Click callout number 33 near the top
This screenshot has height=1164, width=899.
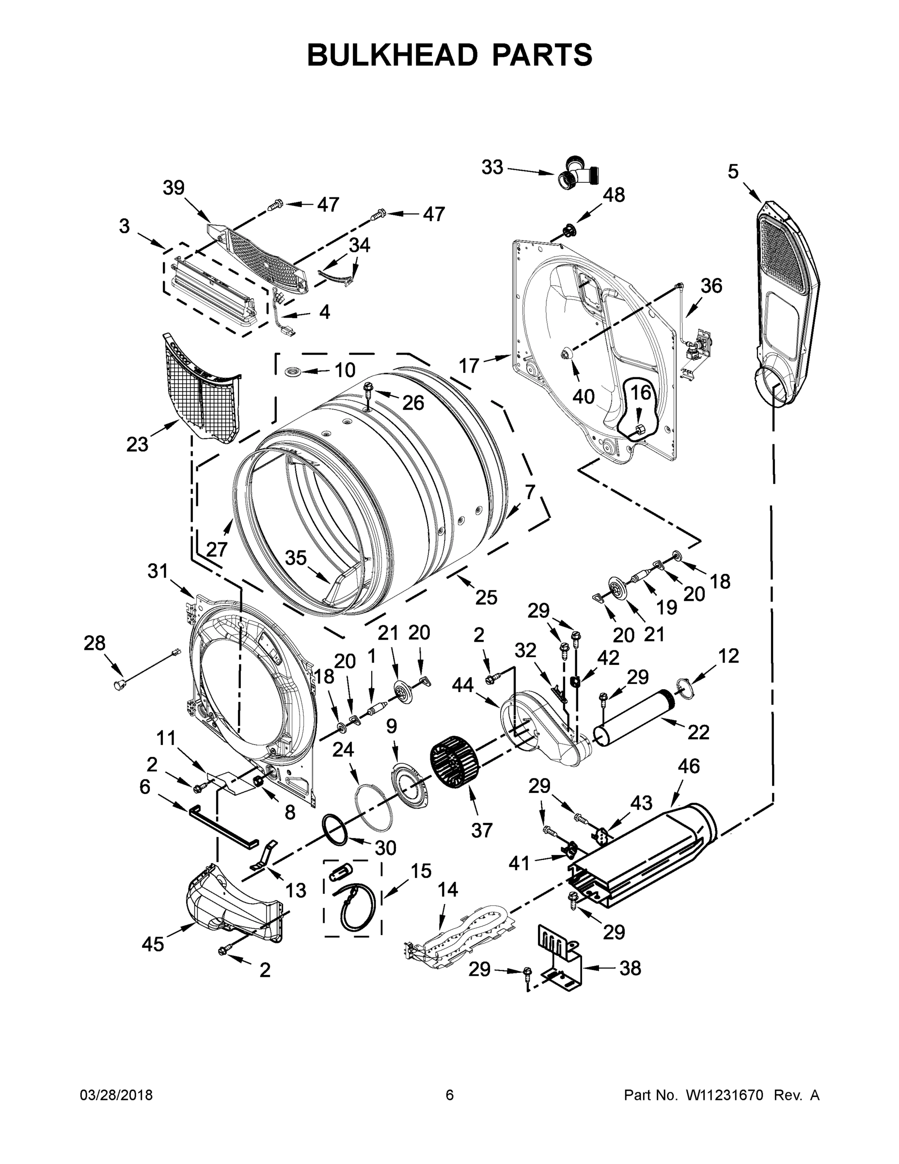tap(491, 167)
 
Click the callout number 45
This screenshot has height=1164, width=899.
tap(152, 944)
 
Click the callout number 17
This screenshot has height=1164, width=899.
tap(469, 366)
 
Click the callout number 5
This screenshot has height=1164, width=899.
tap(733, 172)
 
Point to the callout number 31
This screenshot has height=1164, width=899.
tap(157, 571)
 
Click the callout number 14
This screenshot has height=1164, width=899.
tap(447, 889)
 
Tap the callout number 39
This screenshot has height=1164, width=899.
tap(173, 188)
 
